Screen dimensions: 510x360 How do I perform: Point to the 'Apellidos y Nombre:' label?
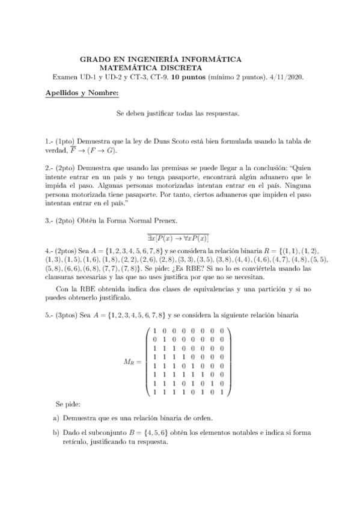(82, 93)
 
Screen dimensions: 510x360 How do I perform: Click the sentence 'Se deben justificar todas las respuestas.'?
(178, 113)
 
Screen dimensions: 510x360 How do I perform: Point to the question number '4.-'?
(50, 252)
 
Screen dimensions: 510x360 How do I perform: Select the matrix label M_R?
(132, 361)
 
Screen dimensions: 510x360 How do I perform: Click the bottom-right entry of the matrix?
(222, 392)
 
